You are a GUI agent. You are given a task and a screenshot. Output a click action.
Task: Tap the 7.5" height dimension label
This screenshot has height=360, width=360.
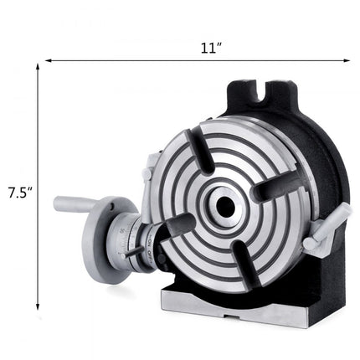coord(18,191)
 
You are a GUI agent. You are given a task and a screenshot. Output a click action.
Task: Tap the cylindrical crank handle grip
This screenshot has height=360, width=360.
coord(75,203)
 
